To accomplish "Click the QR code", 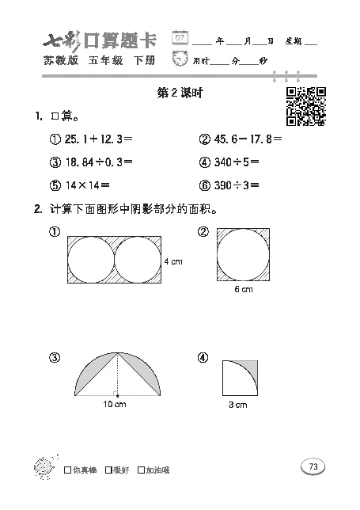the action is coord(306,106).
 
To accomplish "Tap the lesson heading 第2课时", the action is coord(181,93).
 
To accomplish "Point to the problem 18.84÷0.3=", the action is coord(98,162).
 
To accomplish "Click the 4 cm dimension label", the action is coord(173,261).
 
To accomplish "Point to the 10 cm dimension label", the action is coord(116,405).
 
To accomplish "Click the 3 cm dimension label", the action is coord(238,405).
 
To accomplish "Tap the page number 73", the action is coord(313,467).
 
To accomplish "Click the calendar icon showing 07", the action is coord(181,38).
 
